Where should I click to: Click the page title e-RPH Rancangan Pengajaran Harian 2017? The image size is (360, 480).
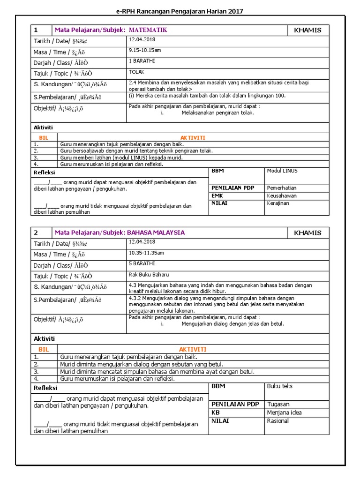180,11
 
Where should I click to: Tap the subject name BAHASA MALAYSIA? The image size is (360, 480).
156,232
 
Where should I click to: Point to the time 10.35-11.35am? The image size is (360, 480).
146,253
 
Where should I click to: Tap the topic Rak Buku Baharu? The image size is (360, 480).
149,274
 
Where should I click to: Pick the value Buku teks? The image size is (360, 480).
279,386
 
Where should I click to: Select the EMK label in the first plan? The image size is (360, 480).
217,195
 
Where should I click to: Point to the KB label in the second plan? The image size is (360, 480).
216,412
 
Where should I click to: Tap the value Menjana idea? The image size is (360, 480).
284,412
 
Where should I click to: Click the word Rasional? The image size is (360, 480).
277,421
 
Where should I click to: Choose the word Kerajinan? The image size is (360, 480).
278,203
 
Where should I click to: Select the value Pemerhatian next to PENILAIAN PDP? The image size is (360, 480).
282,187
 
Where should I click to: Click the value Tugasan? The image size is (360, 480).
278,404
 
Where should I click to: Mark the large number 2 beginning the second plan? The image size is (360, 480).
36,232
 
